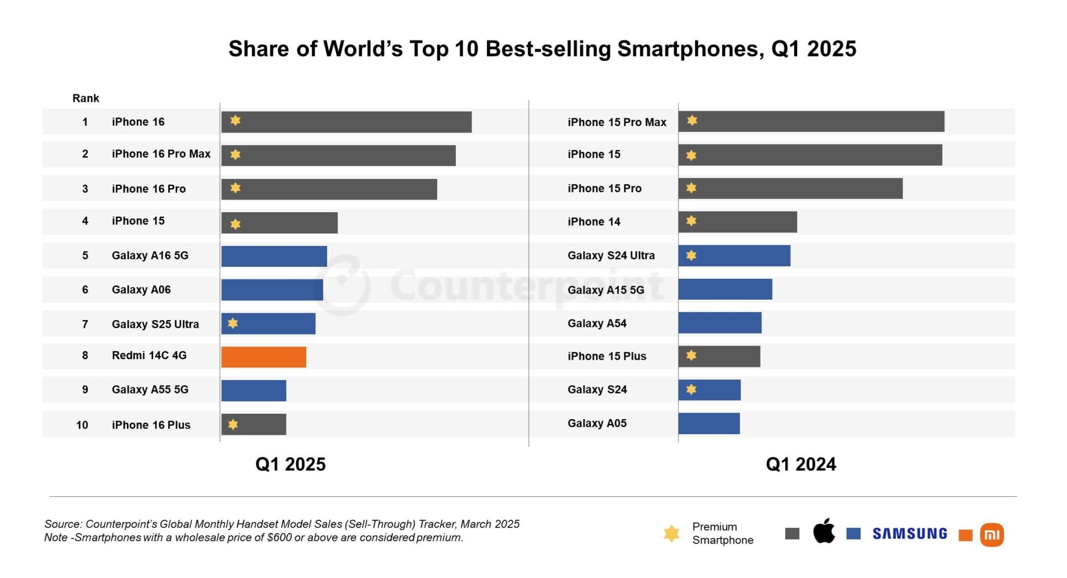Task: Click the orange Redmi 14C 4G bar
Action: tap(264, 357)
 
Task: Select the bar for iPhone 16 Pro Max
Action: tap(339, 155)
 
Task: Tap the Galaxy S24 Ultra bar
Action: tap(734, 255)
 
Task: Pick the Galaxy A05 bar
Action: tap(709, 423)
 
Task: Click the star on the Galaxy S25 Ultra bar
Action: tap(233, 324)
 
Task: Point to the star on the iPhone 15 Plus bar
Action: tap(691, 355)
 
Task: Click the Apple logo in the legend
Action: tap(824, 532)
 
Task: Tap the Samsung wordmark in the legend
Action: tap(910, 534)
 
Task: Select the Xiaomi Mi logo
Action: tap(991, 535)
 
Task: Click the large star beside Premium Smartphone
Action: tap(672, 533)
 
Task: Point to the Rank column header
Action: tap(85, 98)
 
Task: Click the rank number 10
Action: tap(82, 425)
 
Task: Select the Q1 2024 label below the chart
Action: tap(800, 464)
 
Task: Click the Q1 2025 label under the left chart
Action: tap(290, 464)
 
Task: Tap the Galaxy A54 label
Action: tap(597, 323)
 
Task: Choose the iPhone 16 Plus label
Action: tap(151, 425)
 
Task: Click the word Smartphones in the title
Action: tap(690, 49)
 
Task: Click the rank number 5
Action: tap(85, 255)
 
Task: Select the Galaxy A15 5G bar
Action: tap(725, 289)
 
